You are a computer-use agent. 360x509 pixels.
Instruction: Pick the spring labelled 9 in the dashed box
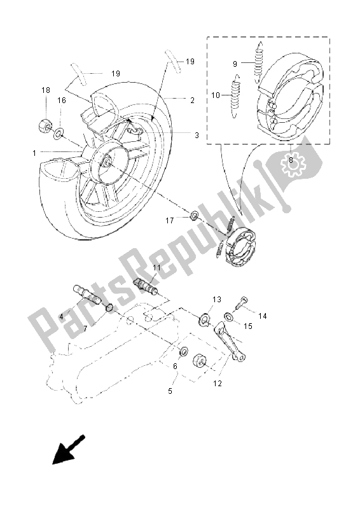pyautogui.click(x=259, y=62)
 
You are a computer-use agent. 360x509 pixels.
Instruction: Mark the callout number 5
pyautogui.click(x=170, y=391)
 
